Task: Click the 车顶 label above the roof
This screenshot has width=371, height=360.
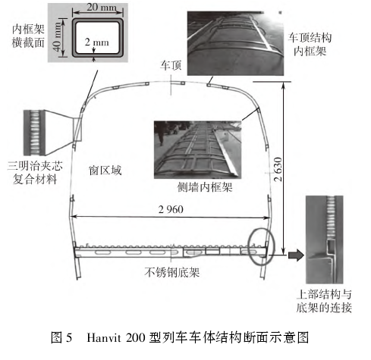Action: [171, 67]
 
